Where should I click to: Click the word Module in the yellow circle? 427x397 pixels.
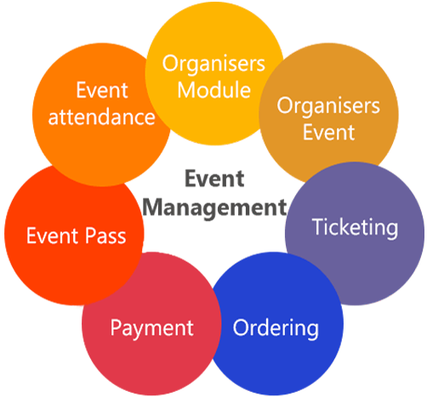pos(214,90)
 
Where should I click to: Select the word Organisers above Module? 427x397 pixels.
pos(213,65)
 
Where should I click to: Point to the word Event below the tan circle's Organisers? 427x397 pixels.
pos(328,132)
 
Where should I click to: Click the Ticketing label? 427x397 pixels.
pos(355,229)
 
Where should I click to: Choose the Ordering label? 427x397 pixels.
pos(276,329)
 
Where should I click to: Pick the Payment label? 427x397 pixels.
pos(151,329)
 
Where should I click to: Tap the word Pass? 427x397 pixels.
pos(105,235)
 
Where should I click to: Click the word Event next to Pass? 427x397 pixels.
pos(52,235)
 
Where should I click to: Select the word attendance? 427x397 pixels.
pos(101,117)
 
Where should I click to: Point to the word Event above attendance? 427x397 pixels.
pos(102,90)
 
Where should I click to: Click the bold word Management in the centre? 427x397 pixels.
pos(214,208)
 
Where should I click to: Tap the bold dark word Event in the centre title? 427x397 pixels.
pos(214,179)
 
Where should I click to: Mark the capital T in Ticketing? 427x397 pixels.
pos(318,226)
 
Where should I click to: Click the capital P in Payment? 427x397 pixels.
pos(116,327)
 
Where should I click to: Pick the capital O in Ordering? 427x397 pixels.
pos(241,327)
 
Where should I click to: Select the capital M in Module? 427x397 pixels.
pos(187,90)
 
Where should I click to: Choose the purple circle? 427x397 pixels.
pos(355,234)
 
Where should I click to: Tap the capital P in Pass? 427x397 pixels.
pos(90,235)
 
